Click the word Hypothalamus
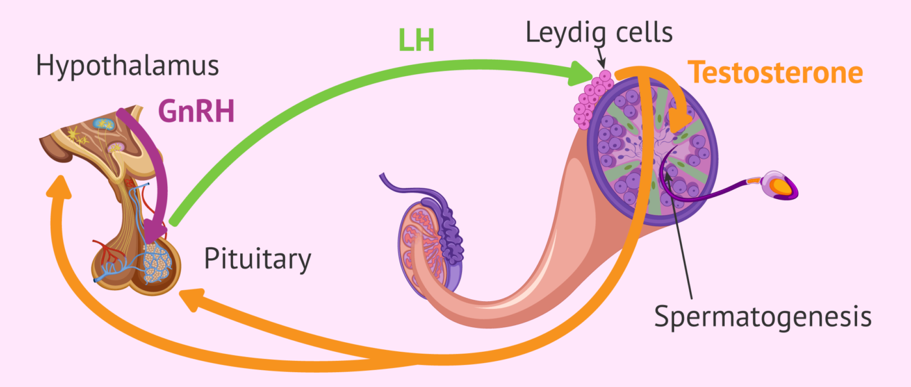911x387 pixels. pos(127,66)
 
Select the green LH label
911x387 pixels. pos(416,42)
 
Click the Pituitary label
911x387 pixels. pos(258,260)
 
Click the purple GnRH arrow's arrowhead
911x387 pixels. pos(154,229)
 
